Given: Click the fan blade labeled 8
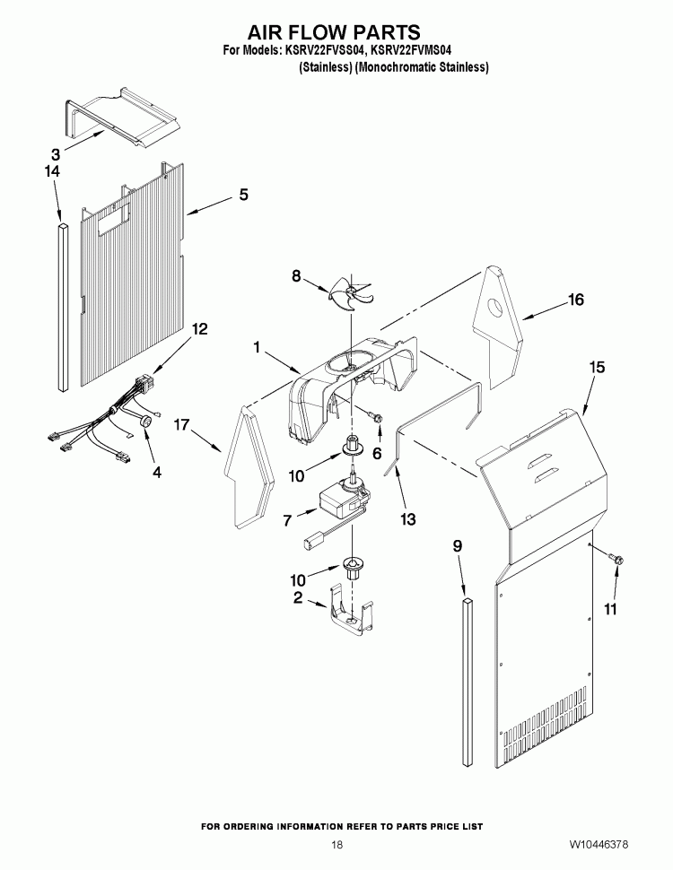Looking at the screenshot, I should [345, 291].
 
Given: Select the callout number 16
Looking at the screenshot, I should [575, 300].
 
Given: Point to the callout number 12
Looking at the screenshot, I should [199, 329].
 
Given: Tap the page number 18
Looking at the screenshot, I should [336, 845].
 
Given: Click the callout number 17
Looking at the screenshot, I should [181, 425].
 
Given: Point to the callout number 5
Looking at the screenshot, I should [243, 194].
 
